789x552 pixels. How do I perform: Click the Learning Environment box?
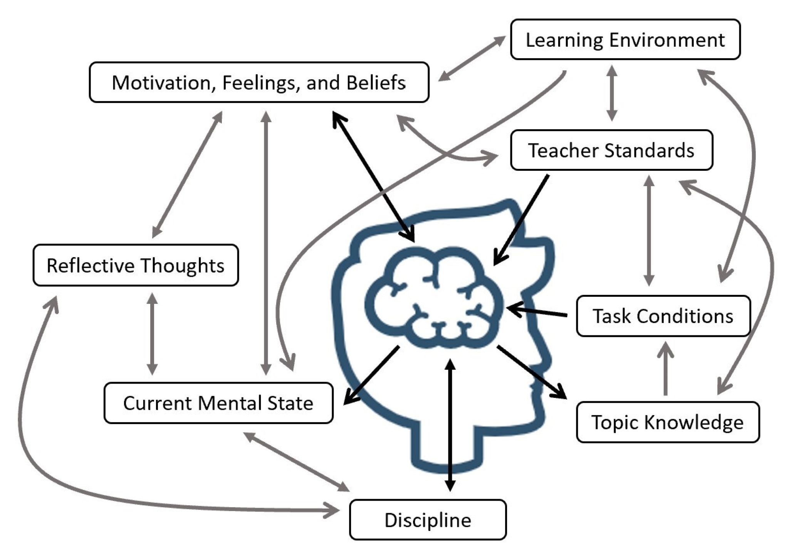[x=625, y=40]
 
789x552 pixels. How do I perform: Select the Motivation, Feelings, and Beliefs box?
[x=259, y=82]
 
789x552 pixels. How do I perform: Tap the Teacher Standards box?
[x=611, y=150]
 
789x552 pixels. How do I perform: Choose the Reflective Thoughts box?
[x=136, y=266]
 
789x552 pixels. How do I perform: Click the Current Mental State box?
[x=218, y=403]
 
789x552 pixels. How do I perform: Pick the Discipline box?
[x=428, y=520]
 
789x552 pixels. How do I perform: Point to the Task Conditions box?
[x=663, y=316]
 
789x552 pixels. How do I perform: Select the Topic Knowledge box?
[x=667, y=422]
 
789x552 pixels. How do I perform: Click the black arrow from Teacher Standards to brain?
[x=521, y=220]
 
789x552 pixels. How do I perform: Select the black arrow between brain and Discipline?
[x=450, y=424]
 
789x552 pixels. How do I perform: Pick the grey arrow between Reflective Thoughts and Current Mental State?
[x=152, y=334]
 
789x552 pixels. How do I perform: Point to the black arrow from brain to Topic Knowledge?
[x=532, y=372]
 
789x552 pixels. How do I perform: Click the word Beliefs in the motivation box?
[x=376, y=82]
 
